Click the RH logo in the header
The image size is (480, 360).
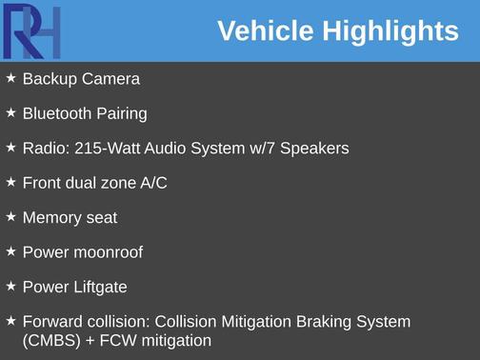(x=31, y=30)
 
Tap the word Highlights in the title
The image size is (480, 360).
(x=390, y=31)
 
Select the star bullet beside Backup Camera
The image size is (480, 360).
(x=11, y=78)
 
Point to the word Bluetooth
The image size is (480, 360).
(x=58, y=113)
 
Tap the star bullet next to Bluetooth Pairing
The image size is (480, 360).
(x=11, y=112)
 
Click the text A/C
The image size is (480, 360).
(x=153, y=183)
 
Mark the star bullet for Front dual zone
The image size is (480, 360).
(x=11, y=182)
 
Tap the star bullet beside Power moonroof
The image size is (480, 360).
(x=11, y=251)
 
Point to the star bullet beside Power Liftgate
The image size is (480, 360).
(x=11, y=286)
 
